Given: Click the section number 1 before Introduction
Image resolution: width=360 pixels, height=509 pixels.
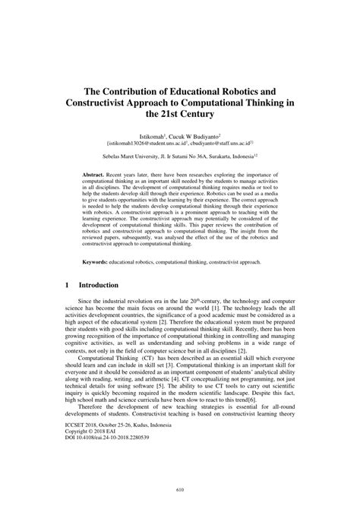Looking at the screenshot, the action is (67, 285).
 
